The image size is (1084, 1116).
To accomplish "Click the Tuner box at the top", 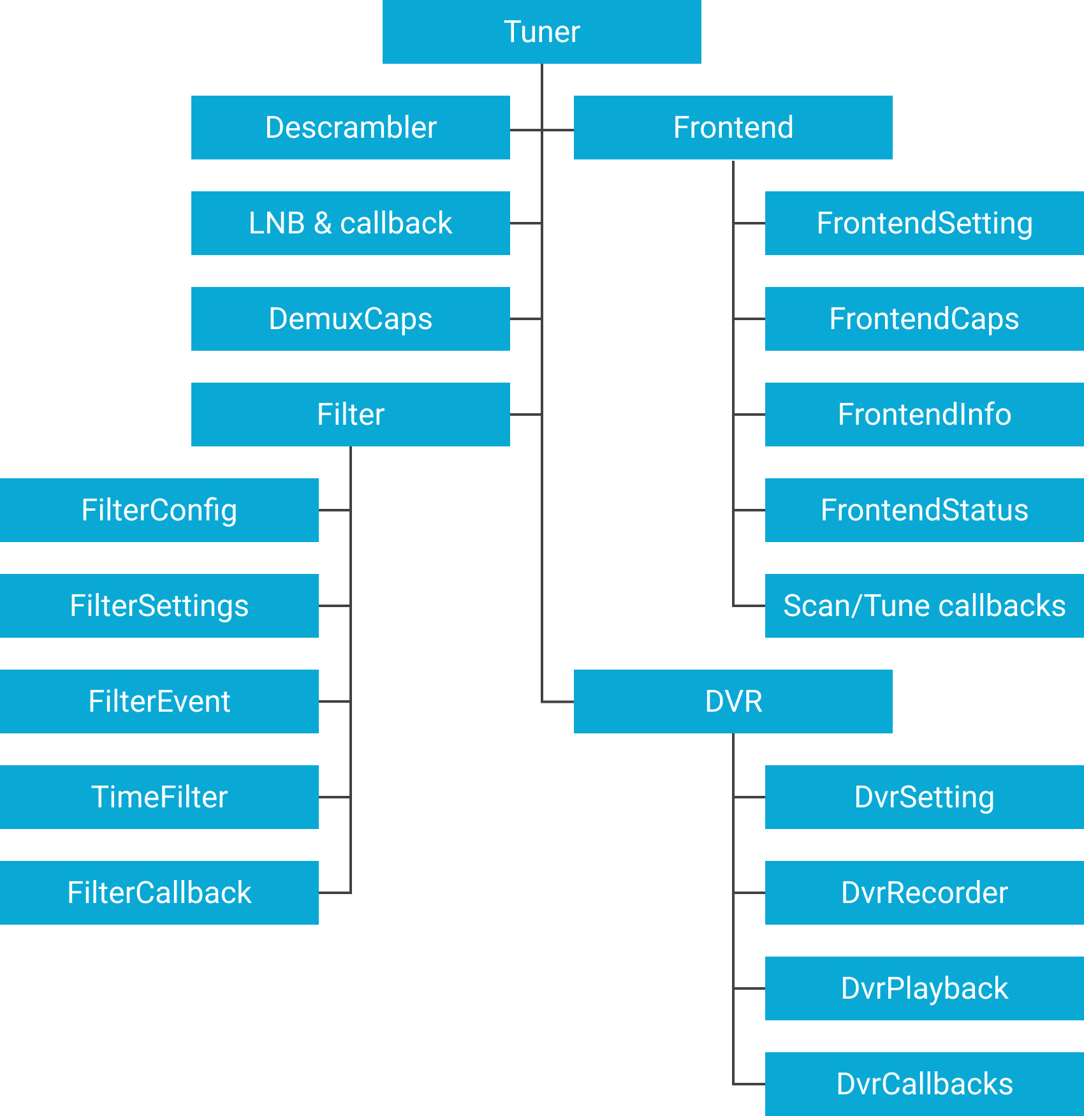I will [x=541, y=32].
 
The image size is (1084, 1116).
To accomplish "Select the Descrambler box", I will [x=350, y=128].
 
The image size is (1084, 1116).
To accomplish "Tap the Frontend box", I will [x=733, y=128].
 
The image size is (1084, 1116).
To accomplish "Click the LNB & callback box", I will [x=350, y=223].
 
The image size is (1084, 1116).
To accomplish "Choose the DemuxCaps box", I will [x=350, y=319].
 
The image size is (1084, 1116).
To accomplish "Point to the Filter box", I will [x=350, y=415].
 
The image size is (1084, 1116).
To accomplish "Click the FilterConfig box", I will [x=159, y=510].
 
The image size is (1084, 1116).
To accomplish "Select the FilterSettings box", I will [x=159, y=606].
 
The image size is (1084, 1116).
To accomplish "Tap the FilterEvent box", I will [x=159, y=701].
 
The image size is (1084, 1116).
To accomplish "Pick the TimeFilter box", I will [x=159, y=797].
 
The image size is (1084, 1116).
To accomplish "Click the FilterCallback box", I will [x=159, y=893].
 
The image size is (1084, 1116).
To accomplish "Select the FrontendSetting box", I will [x=924, y=223].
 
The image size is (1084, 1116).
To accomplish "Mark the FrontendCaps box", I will [x=924, y=319].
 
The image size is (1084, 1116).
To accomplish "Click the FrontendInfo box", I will [x=924, y=415].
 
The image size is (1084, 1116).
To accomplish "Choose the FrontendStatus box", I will [x=924, y=510].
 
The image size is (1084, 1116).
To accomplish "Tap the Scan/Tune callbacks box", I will [x=924, y=606].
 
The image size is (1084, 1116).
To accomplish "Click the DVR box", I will [x=733, y=701].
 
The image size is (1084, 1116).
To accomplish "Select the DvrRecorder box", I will [x=924, y=893].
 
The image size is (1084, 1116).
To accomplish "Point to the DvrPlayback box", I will [x=924, y=988].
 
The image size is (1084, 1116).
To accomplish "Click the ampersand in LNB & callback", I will [x=323, y=224].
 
